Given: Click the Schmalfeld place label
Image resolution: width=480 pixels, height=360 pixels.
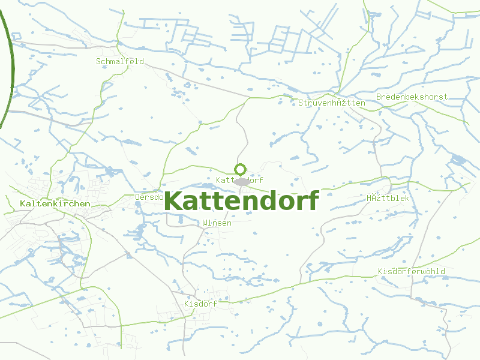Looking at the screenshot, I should point(120,61).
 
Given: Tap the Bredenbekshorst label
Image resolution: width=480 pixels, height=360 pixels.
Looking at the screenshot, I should point(412,97).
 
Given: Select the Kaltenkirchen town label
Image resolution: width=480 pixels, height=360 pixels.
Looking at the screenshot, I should point(55,203).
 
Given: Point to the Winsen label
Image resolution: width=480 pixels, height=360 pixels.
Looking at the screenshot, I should point(217,223).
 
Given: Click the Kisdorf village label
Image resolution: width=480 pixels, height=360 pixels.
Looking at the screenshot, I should point(200,304).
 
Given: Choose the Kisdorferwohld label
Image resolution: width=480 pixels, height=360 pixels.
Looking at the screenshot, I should point(412,271).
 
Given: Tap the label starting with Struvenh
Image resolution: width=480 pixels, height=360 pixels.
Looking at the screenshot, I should point(331,103).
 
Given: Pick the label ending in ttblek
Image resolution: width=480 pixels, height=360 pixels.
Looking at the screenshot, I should point(387,198).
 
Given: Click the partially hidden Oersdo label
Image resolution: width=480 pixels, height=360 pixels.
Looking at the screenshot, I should point(149,196).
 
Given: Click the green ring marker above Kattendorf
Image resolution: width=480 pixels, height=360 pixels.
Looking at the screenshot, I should point(241,169).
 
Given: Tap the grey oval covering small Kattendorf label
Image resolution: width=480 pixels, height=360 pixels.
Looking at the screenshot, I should point(241,181).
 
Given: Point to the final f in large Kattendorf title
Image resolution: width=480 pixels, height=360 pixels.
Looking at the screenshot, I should point(312,200).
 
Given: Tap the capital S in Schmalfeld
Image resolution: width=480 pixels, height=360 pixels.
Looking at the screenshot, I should point(98,61).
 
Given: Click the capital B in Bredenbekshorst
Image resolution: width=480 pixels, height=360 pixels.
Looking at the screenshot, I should point(379,97).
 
